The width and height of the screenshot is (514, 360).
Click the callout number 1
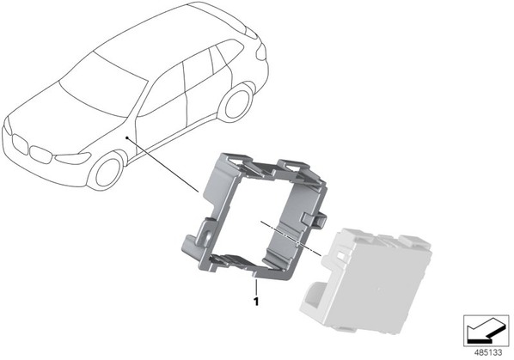[x=256, y=302]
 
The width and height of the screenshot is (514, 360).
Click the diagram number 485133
[x=488, y=353]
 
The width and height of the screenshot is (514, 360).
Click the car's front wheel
[x=107, y=171]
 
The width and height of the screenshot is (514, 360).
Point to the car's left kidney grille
[x=20, y=144]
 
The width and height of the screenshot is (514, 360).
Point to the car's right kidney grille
[x=40, y=155]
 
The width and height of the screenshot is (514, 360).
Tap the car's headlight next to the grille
[x=73, y=158]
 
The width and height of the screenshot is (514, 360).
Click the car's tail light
[x=260, y=52]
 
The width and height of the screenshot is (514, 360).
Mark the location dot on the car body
[x=127, y=138]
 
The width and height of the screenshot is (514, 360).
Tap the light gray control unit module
[x=366, y=281]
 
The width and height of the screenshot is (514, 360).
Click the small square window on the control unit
[x=341, y=255]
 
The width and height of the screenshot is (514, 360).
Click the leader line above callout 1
[x=256, y=287]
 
